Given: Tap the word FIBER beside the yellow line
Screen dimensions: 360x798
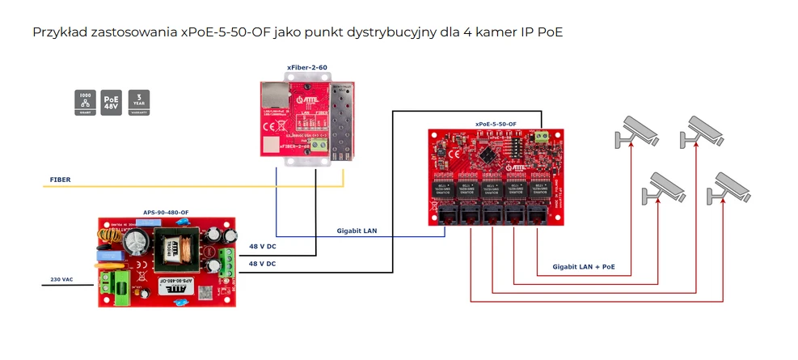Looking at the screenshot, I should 60,179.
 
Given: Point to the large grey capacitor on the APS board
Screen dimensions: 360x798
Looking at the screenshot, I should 137,242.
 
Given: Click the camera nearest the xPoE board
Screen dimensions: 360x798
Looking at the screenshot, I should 635,130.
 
